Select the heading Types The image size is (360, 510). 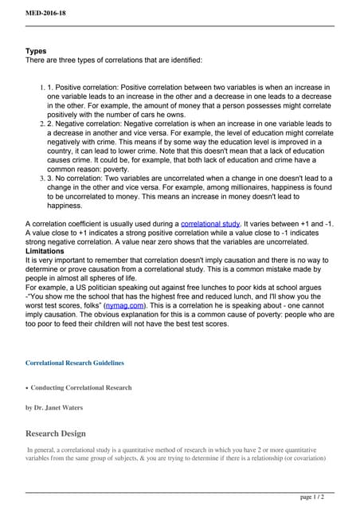37,51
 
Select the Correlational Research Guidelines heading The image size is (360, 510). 75,363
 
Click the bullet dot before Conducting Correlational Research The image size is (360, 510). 27,388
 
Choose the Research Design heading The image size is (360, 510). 56,434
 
